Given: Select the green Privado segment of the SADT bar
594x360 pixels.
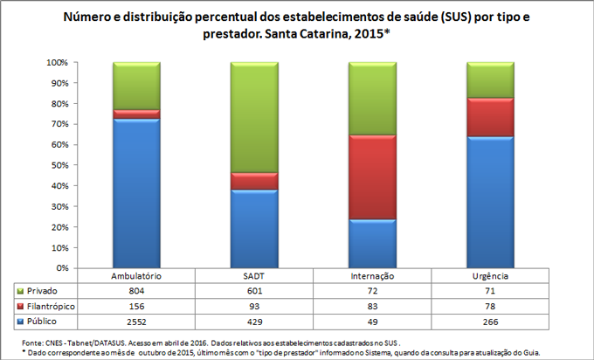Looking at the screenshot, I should point(253,117).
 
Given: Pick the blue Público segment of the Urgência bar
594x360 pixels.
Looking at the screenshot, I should point(490,202).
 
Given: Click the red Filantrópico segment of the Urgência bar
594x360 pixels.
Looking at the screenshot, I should point(490,117).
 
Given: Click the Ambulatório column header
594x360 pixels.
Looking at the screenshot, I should point(135,275).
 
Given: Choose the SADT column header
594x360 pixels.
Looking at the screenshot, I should point(253,275).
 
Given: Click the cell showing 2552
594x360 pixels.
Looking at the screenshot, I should point(135,321).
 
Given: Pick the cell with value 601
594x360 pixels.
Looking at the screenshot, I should point(253,290).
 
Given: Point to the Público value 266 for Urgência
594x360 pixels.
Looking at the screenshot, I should point(490,321).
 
